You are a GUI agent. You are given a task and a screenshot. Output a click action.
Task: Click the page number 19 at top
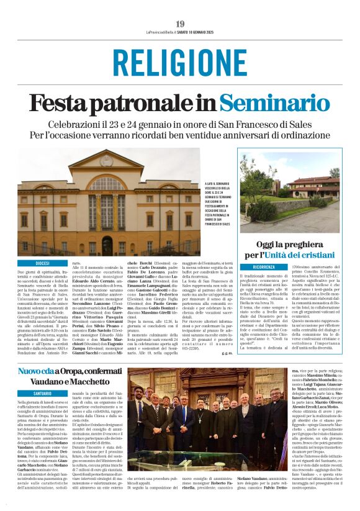click(x=180, y=24)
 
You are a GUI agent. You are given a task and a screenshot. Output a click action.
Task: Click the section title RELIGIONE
click(x=180, y=63)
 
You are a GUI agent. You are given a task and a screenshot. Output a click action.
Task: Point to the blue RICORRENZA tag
click(x=263, y=266)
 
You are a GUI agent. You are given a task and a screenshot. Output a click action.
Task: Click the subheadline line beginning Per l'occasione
click(x=180, y=135)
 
